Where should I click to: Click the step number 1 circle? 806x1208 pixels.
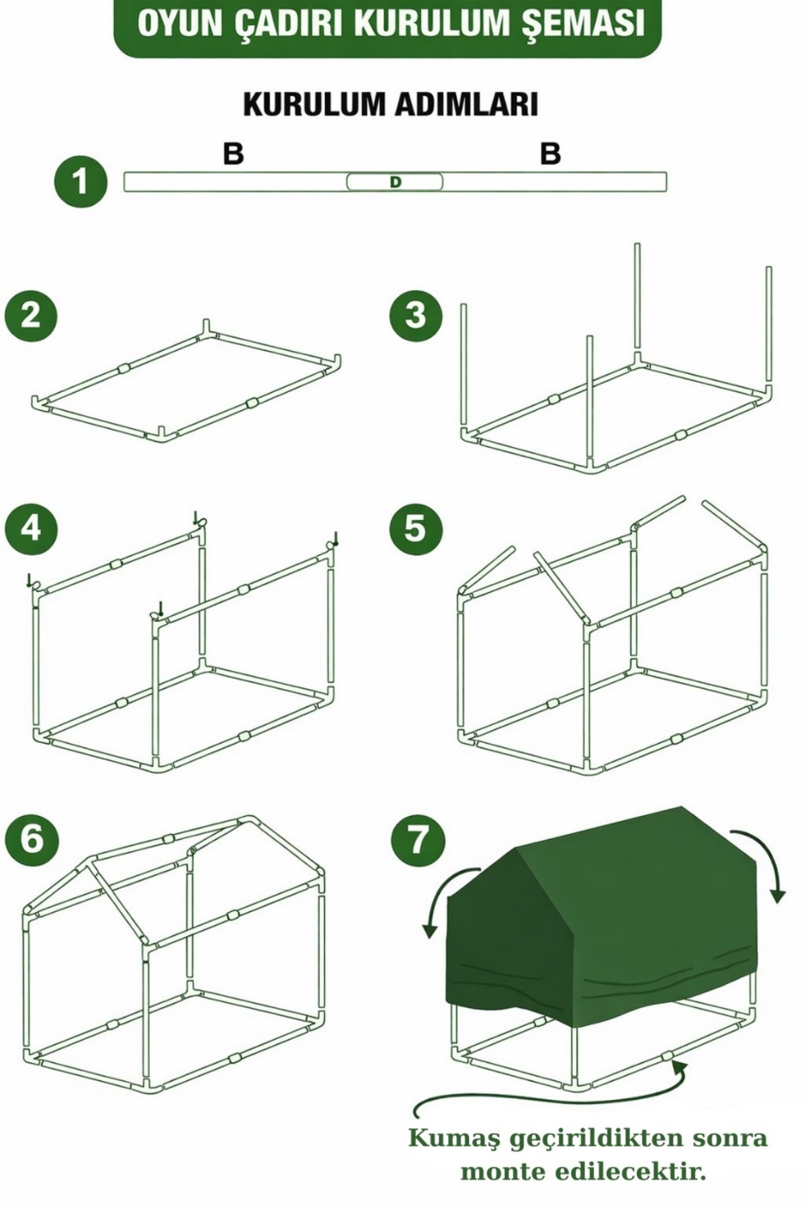point(81,182)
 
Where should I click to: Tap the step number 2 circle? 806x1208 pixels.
point(30,315)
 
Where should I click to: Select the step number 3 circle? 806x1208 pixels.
point(416,315)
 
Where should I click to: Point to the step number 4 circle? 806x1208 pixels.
point(30,528)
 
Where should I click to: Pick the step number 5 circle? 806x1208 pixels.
point(416,528)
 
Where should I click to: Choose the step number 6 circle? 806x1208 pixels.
point(30,840)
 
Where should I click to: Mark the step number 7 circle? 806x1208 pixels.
point(416,840)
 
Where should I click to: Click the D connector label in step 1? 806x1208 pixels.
point(395,182)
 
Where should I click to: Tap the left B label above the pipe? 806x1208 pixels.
point(233,154)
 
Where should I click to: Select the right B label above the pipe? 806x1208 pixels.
point(550,154)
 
